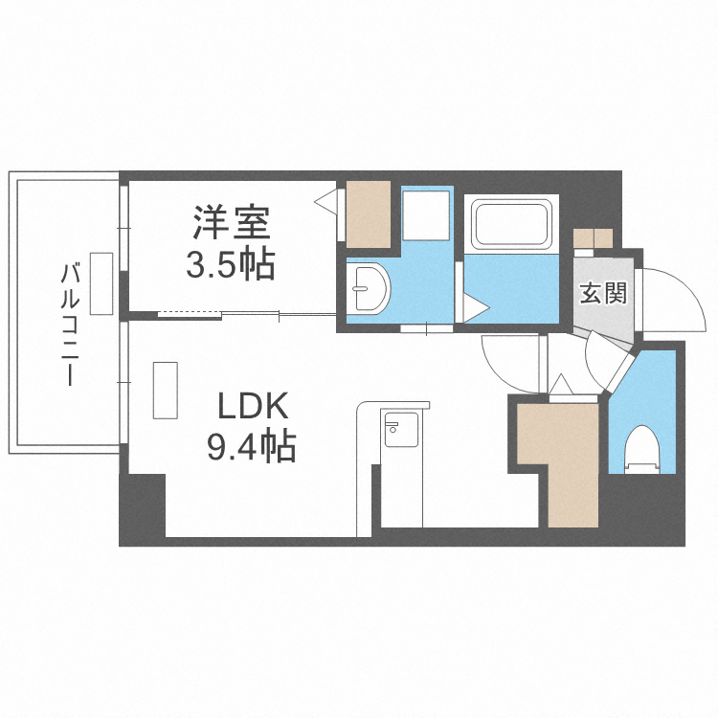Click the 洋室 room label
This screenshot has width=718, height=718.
[x=231, y=222]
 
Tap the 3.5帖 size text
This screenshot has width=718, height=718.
[x=231, y=264]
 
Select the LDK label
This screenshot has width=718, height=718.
[x=253, y=406]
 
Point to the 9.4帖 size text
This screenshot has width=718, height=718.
[x=252, y=446]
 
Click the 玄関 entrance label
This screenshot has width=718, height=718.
[x=602, y=293]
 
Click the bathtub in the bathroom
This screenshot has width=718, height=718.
[x=511, y=224]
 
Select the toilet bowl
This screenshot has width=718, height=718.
[x=642, y=449]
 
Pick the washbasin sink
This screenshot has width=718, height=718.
[x=368, y=288]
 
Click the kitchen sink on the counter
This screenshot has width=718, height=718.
[x=401, y=430]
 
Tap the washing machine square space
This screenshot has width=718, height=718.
[x=425, y=215]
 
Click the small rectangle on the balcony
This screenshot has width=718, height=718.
[x=101, y=283]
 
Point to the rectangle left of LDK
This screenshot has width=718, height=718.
[x=166, y=391]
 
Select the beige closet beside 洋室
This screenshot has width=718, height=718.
[x=369, y=214]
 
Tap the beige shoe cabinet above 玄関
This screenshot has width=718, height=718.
[x=593, y=238]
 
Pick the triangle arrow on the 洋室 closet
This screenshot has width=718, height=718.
[x=325, y=202]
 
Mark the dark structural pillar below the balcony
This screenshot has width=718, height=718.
[x=142, y=509]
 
